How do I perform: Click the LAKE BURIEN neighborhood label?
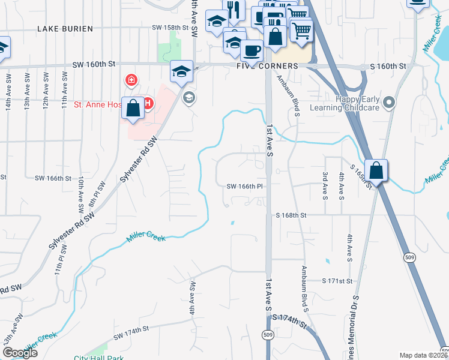pyautogui.click(x=65, y=29)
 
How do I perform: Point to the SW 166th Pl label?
pyautogui.click(x=245, y=187)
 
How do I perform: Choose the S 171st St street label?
pyautogui.click(x=339, y=281)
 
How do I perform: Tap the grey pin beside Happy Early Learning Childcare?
pyautogui.click(x=389, y=103)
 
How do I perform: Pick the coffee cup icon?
pyautogui.click(x=252, y=50)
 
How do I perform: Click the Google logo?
pyautogui.click(x=20, y=353)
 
